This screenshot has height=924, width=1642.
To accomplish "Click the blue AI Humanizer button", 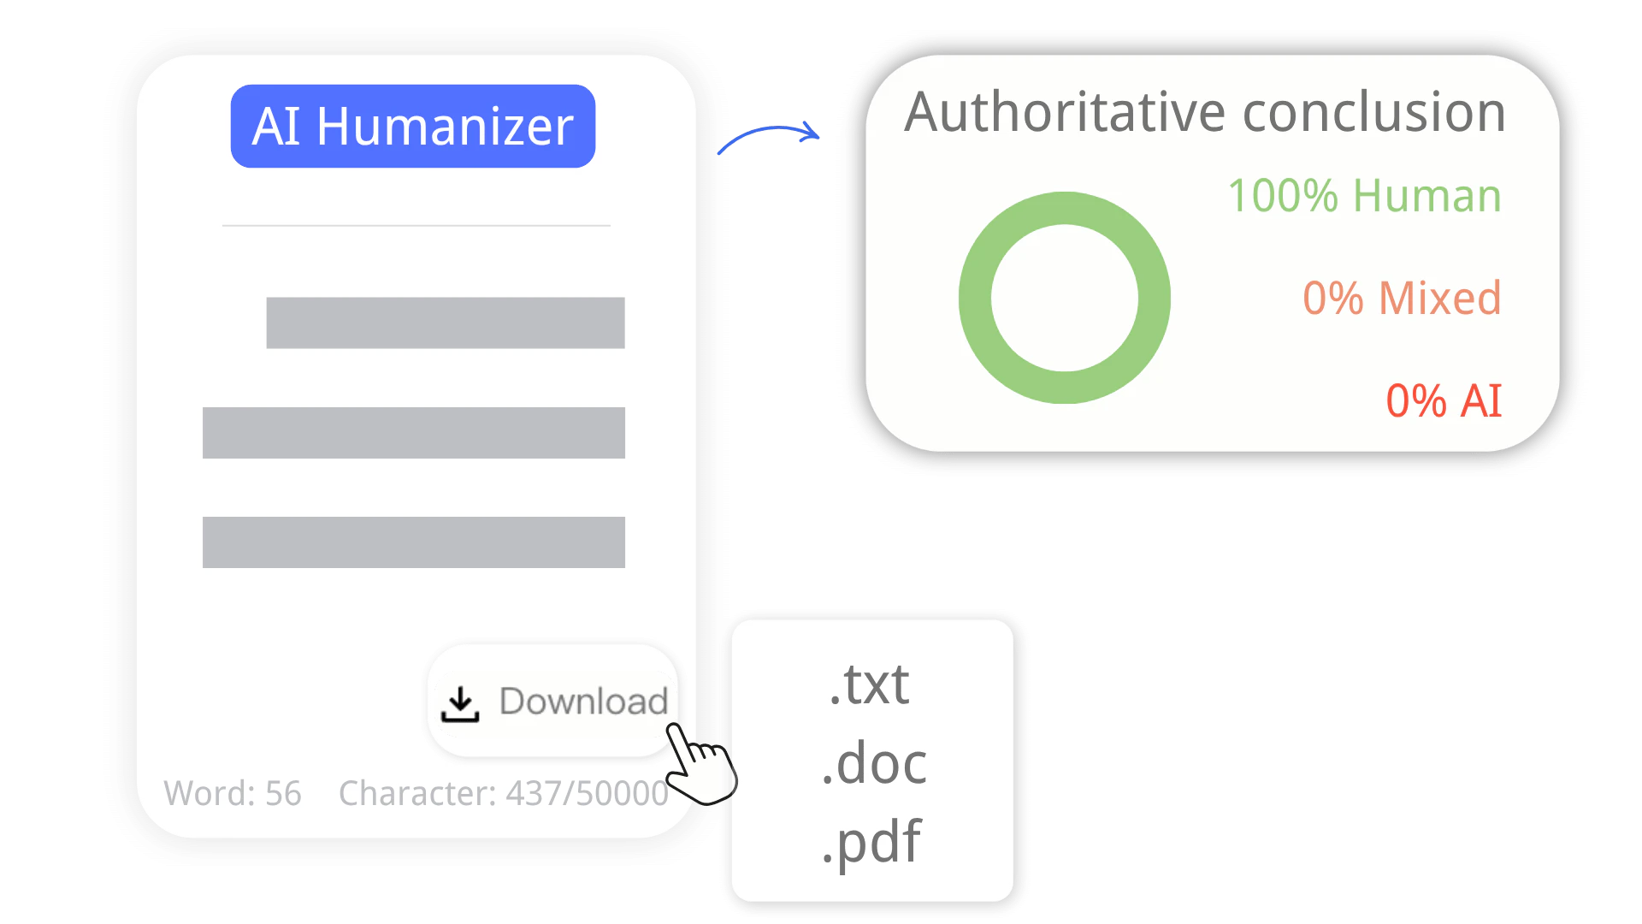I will tap(412, 127).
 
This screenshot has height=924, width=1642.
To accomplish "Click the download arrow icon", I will tap(460, 704).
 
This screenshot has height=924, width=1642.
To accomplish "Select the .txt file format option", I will tap(870, 684).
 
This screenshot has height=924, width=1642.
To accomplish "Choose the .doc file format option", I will tap(874, 763).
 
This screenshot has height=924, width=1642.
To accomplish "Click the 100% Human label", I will tap(1364, 196).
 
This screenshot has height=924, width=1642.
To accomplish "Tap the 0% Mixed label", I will tap(1402, 299).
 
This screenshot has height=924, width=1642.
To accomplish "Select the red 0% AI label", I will tap(1444, 401).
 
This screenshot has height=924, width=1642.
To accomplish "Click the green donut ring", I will tap(976, 298).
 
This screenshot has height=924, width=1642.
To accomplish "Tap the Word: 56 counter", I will tap(233, 794).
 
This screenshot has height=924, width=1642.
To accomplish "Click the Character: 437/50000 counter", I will tap(504, 794).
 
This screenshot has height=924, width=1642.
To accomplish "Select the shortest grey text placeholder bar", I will tap(445, 323).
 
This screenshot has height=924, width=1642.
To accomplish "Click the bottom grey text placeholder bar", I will tap(413, 542).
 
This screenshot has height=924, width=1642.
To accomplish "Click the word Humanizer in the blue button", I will tap(445, 127).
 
